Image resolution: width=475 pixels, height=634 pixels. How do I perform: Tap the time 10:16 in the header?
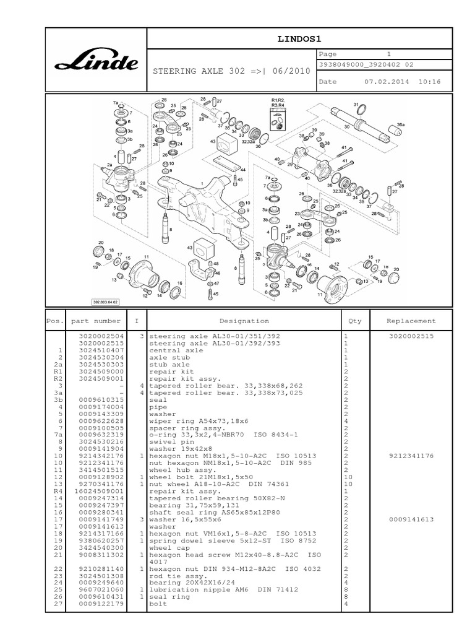[429, 82]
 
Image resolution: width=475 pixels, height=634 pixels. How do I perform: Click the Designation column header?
[244, 321]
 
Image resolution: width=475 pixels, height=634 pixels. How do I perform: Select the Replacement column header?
[411, 321]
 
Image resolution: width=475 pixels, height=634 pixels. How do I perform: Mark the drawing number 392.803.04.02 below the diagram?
[106, 302]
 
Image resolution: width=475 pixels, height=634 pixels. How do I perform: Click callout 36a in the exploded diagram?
[400, 124]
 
